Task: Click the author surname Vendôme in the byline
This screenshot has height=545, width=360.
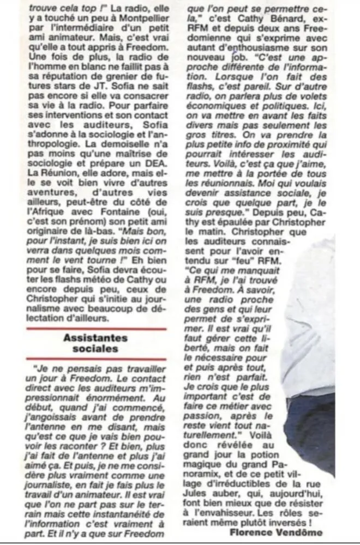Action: pos(301,532)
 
